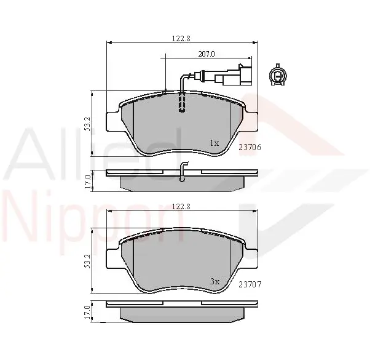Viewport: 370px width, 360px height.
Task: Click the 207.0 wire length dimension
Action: click(207, 54)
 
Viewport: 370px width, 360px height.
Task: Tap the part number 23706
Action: click(250, 148)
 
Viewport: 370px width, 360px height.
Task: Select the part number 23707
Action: click(250, 285)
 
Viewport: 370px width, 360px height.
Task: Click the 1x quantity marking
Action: click(215, 143)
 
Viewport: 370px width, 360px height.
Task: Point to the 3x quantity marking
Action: click(215, 281)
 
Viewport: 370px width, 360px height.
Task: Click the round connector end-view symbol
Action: click(278, 75)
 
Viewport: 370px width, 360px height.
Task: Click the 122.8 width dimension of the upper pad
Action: click(181, 39)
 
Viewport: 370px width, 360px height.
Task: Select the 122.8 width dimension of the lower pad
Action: click(181, 206)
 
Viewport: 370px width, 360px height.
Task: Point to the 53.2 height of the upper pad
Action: click(87, 124)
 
